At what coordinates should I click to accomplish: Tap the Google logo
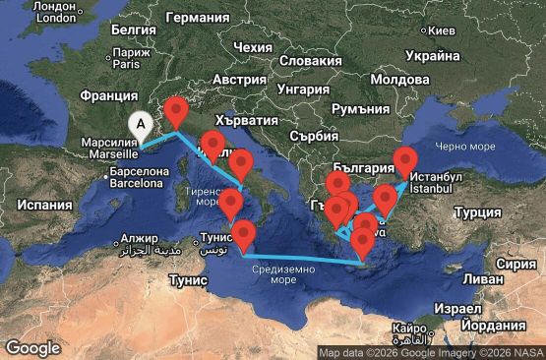coord(32,347)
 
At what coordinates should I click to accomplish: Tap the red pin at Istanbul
coord(406,161)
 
